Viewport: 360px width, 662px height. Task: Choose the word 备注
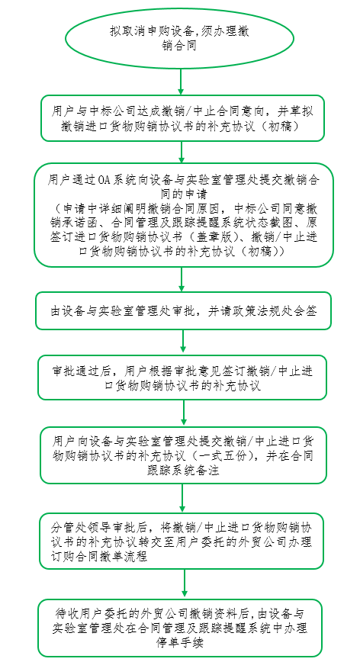[208, 471]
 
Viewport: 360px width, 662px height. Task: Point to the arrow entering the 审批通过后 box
[183, 341]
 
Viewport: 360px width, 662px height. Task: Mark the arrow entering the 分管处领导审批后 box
[183, 498]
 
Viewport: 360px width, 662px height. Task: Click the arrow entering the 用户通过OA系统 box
[182, 152]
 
